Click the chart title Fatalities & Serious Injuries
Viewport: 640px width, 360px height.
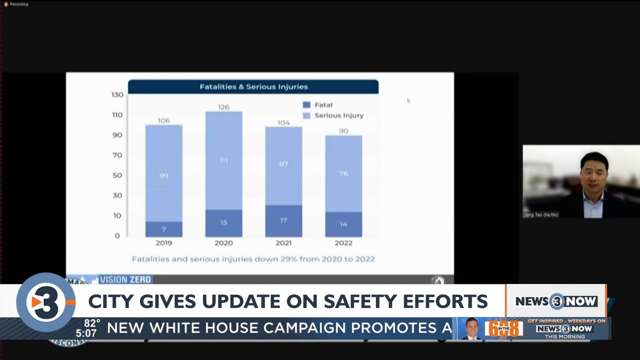253,87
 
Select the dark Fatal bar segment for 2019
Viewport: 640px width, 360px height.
163,229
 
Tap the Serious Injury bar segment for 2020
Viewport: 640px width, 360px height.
223,160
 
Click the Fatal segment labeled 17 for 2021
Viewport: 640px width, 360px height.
283,220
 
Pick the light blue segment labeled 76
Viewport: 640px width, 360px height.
343,173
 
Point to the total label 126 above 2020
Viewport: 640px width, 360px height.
223,107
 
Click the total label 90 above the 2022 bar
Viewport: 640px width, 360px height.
343,131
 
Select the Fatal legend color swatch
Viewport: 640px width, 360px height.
306,105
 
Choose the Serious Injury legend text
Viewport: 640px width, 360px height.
339,115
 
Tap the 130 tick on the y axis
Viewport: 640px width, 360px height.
117,94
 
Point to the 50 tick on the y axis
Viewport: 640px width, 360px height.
117,175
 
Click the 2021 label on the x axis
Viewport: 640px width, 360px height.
283,243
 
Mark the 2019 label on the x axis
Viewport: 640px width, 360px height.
163,243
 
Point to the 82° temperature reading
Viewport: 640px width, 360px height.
92,322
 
